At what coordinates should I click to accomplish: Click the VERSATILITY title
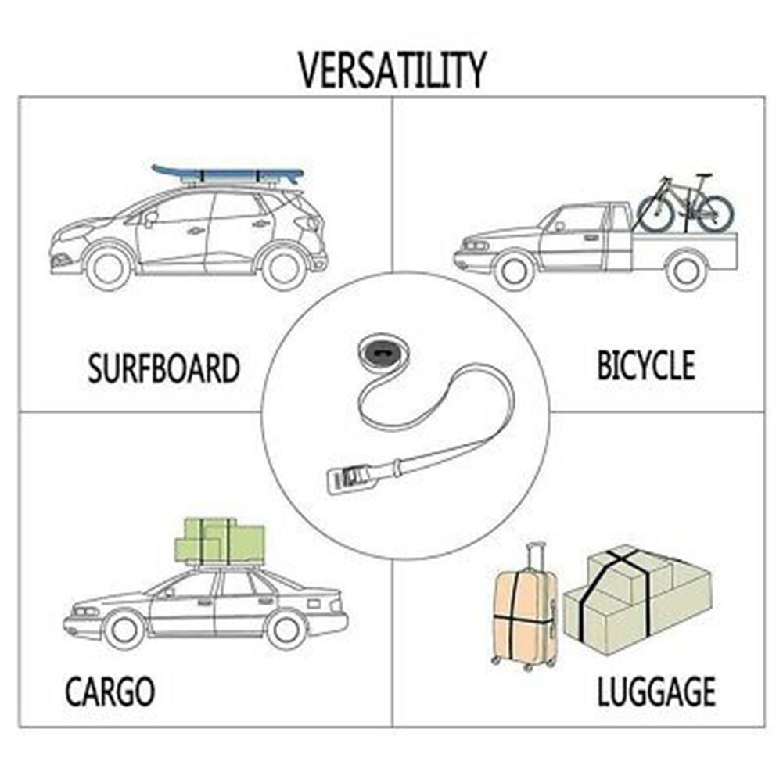392,70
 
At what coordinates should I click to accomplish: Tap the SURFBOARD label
163,368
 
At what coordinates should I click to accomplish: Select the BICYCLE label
645,365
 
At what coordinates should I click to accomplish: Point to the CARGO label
110,691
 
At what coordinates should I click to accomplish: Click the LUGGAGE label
656,691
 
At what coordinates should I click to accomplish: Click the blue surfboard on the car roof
228,174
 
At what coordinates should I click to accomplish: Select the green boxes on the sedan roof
220,541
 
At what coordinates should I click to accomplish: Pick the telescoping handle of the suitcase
535,557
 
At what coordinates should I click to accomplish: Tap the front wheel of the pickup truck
515,270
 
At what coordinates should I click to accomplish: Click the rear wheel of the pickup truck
687,270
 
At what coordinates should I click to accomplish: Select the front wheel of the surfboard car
109,268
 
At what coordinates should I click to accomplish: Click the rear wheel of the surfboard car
283,268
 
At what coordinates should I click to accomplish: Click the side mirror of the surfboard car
150,218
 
